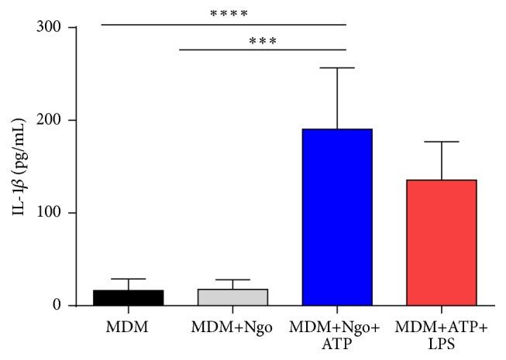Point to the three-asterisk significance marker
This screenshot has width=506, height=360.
263,40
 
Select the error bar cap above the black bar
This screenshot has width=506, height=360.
129,279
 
